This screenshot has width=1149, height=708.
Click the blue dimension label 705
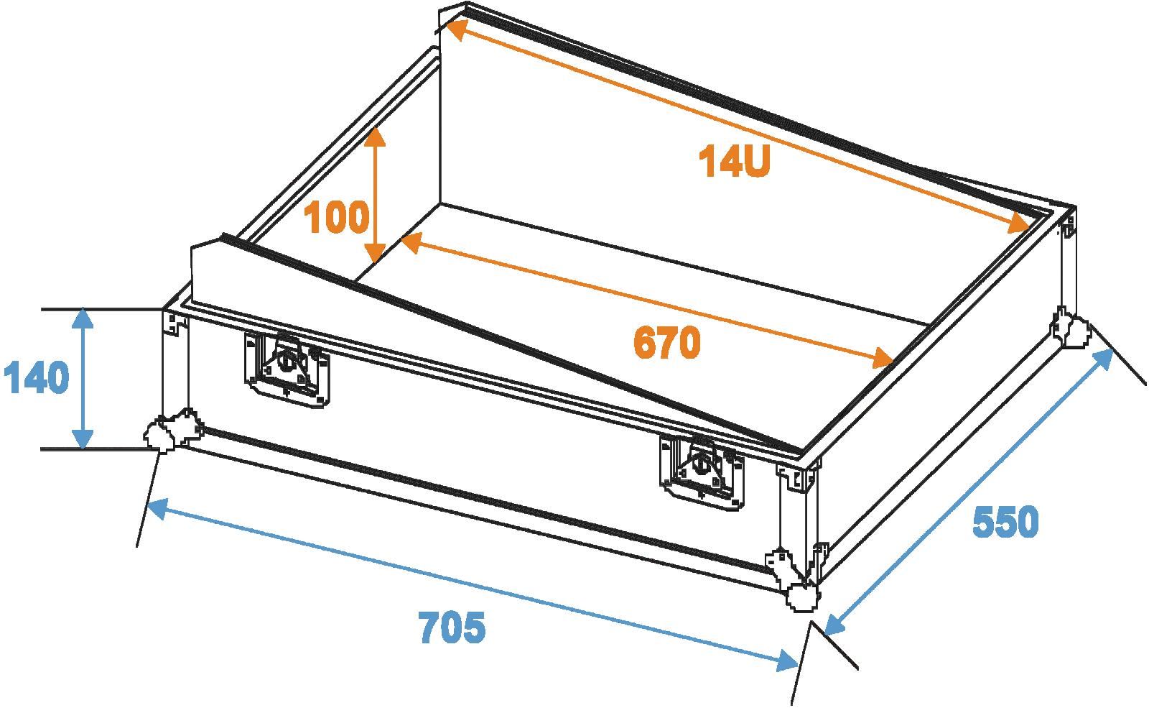point(452,627)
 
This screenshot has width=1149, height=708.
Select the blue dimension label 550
point(1005,522)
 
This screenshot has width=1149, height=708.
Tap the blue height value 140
point(37,377)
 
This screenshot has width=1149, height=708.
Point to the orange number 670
point(667,342)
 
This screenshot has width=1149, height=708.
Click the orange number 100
point(337,216)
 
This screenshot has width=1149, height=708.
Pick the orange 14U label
point(735,161)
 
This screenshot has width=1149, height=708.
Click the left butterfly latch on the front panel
point(287,369)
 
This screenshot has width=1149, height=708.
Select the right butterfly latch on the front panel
point(701,472)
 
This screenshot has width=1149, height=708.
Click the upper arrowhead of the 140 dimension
point(83,318)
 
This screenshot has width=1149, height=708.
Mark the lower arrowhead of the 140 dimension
point(83,439)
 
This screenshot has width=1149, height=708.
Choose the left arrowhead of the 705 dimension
point(157,507)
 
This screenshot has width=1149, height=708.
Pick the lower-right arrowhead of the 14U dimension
point(1020,226)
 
